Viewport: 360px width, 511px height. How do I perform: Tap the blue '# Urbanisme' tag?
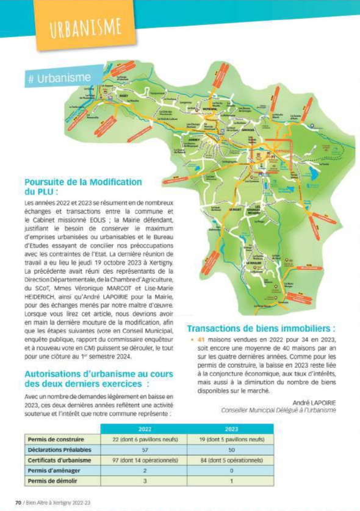60,78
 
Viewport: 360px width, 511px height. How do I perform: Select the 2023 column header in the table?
231,429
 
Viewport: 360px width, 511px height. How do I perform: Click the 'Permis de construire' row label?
56,439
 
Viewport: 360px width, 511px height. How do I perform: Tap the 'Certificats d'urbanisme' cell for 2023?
231,460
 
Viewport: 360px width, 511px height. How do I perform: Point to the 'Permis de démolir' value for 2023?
231,481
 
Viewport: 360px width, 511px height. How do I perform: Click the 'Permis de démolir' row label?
52,481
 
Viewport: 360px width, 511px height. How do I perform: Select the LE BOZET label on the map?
235,209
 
